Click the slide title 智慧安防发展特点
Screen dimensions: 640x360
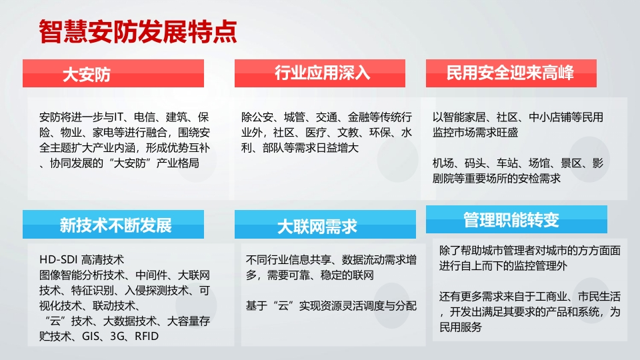coord(138,31)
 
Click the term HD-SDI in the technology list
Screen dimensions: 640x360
coord(59,259)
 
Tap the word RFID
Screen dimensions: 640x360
coord(147,336)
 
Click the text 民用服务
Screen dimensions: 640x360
coord(461,327)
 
